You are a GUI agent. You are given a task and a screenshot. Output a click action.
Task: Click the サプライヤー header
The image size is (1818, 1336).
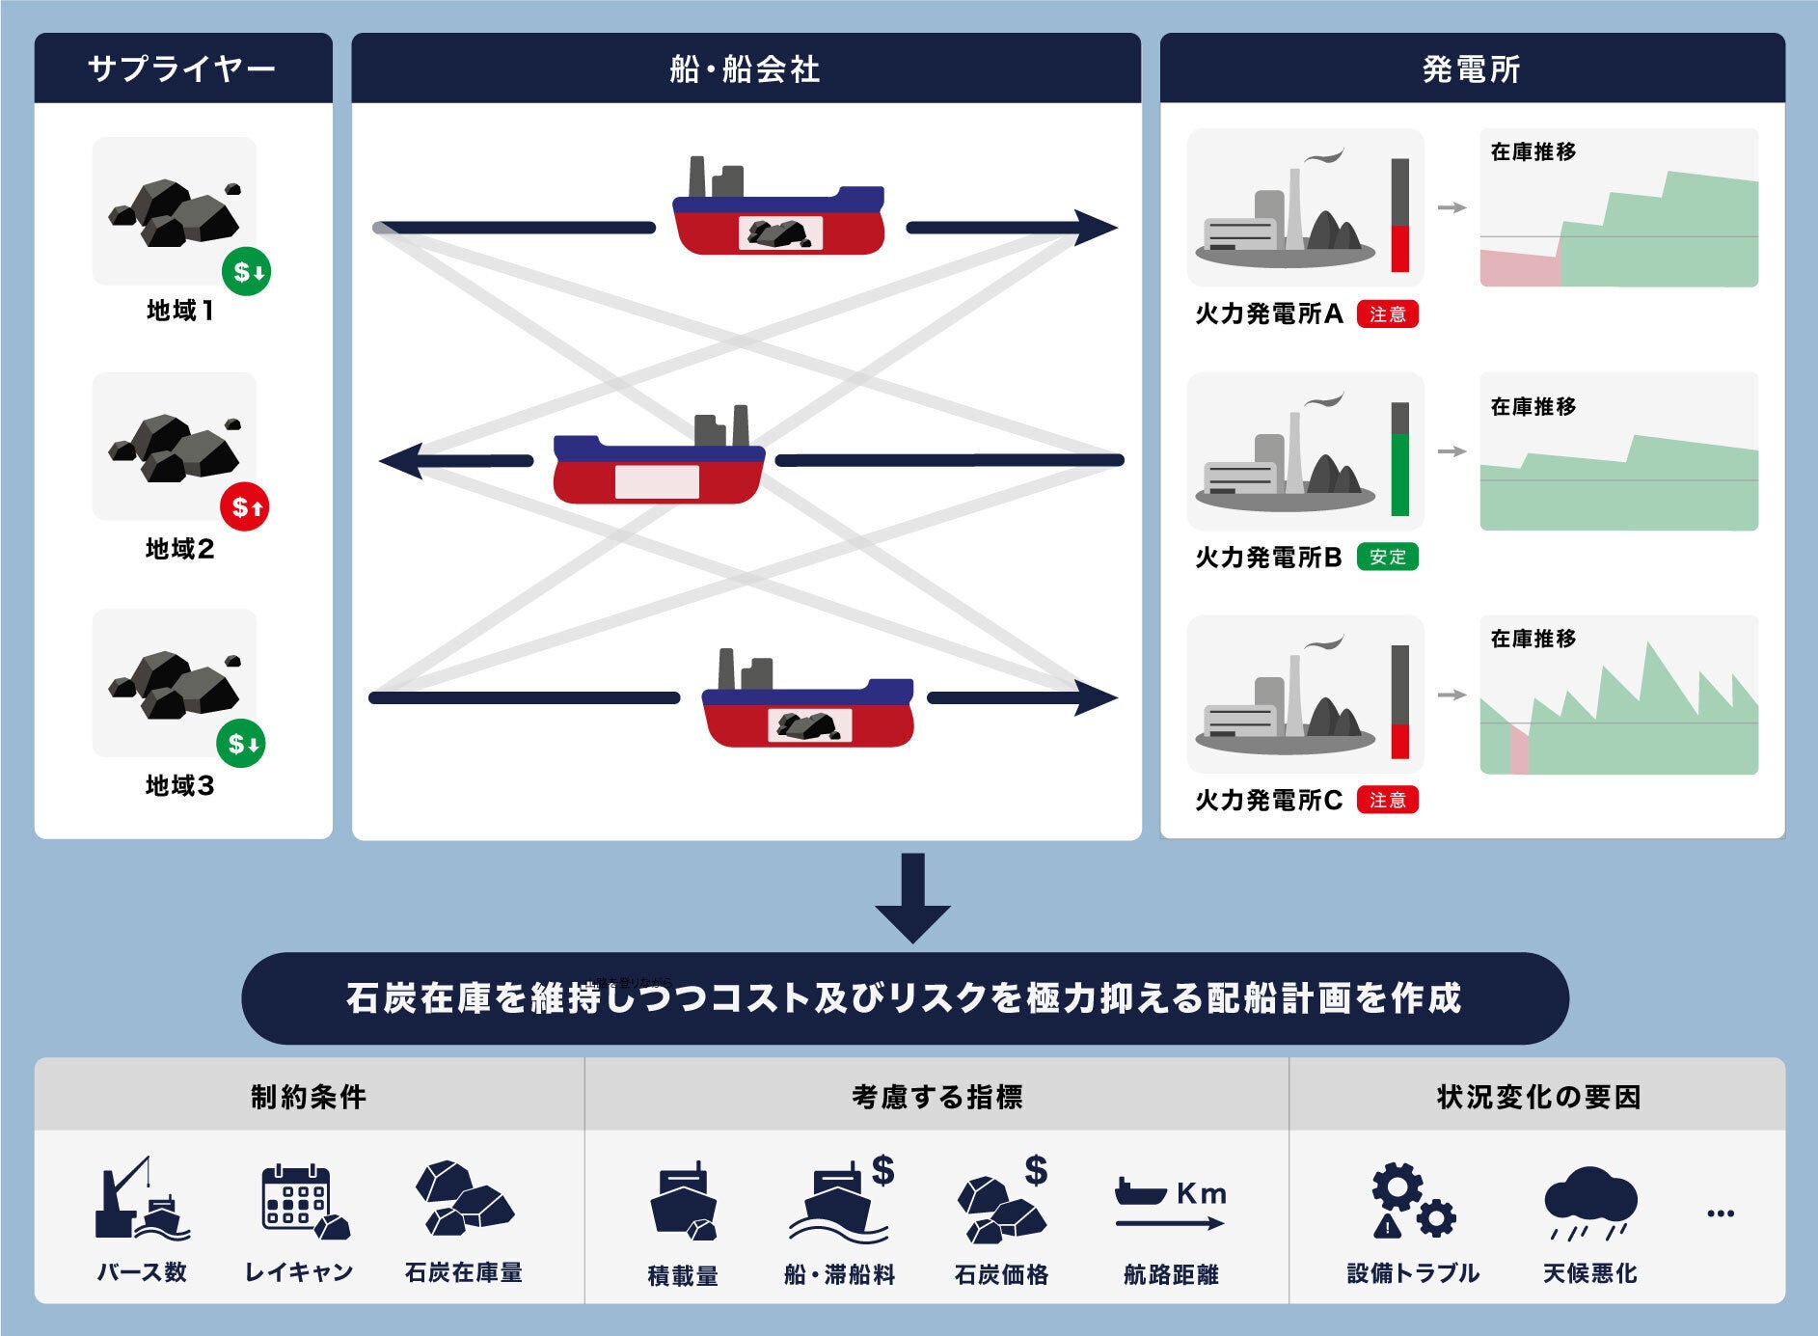182,68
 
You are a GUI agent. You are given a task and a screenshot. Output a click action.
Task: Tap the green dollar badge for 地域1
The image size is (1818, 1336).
246,272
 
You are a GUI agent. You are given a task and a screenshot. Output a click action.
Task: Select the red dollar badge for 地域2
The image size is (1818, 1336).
245,507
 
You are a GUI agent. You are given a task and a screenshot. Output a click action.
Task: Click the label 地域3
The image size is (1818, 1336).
180,786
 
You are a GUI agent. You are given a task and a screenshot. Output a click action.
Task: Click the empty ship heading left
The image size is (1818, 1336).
659,468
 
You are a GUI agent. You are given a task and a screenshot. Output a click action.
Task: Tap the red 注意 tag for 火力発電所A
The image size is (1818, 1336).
1387,314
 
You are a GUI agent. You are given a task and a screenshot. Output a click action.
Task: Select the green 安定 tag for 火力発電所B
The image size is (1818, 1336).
1387,558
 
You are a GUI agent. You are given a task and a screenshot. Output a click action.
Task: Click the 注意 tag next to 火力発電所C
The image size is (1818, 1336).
1387,801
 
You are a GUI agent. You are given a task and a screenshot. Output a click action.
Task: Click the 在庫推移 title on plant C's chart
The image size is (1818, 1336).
1533,639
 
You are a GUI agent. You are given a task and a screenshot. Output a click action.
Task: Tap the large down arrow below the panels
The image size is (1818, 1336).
912,897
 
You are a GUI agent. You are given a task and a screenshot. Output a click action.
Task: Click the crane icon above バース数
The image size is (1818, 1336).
141,1200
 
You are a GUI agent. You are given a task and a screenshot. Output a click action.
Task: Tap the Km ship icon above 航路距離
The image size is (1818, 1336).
1170,1203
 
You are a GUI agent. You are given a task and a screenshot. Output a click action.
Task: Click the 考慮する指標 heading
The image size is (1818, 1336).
936,1097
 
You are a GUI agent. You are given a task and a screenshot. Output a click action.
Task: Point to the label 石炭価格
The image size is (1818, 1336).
1001,1275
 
